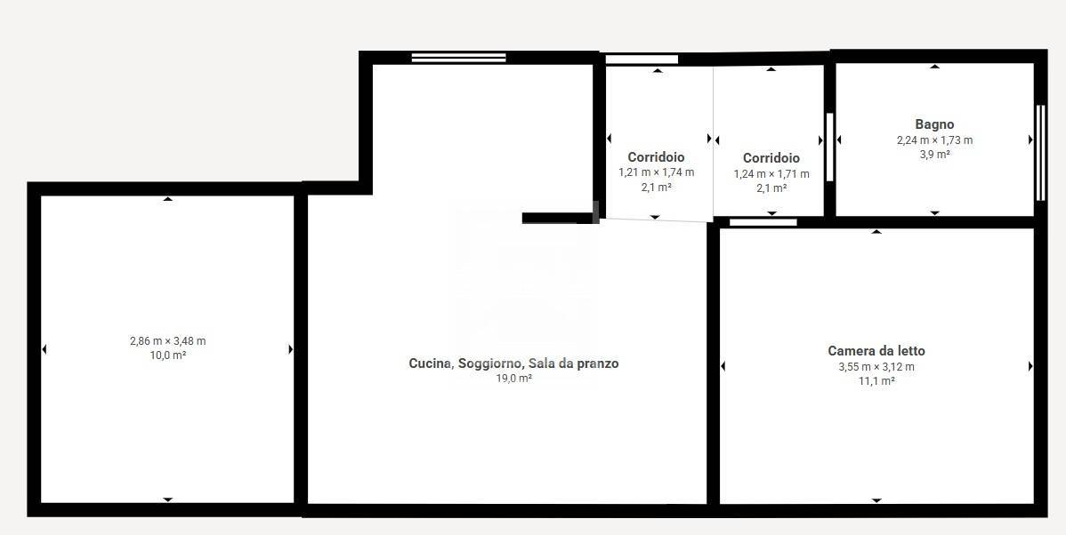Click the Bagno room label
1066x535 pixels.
click(x=934, y=124)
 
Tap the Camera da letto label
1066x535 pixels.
click(x=876, y=351)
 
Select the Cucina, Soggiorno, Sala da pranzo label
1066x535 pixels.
click(x=513, y=363)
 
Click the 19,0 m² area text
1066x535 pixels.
click(x=513, y=379)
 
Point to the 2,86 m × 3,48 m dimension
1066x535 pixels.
click(x=167, y=340)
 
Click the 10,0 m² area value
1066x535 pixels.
click(x=167, y=355)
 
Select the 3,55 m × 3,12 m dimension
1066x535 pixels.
click(x=876, y=366)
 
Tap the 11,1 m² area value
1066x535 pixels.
click(x=876, y=380)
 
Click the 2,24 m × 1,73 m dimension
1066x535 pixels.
click(x=934, y=140)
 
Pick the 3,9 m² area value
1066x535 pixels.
click(x=934, y=154)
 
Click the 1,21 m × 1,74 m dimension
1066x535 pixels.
click(x=656, y=172)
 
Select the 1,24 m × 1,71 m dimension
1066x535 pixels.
click(x=771, y=174)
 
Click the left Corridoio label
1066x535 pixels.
click(x=656, y=157)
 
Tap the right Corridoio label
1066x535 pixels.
click(x=771, y=158)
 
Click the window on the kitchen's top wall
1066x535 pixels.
click(x=458, y=58)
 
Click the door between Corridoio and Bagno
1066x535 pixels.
click(x=829, y=147)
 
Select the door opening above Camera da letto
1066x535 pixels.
click(x=763, y=221)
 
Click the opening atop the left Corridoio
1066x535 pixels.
click(x=642, y=60)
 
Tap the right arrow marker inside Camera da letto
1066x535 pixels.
click(x=1030, y=366)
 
